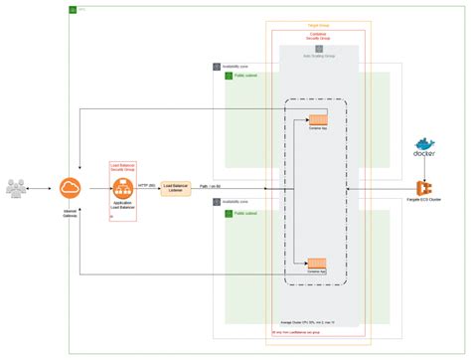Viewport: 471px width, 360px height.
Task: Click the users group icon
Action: [x=21, y=188]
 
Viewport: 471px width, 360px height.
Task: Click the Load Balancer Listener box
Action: [x=175, y=188]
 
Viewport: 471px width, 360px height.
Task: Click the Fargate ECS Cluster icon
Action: [x=423, y=189]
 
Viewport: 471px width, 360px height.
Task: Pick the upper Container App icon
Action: [x=317, y=120]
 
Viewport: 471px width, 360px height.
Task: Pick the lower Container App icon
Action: [x=317, y=264]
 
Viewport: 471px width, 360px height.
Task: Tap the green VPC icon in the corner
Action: [x=73, y=10]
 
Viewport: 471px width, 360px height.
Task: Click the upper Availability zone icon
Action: [x=217, y=67]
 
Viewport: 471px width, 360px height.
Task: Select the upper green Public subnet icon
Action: [x=230, y=75]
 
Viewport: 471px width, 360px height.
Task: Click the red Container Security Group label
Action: [x=318, y=35]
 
